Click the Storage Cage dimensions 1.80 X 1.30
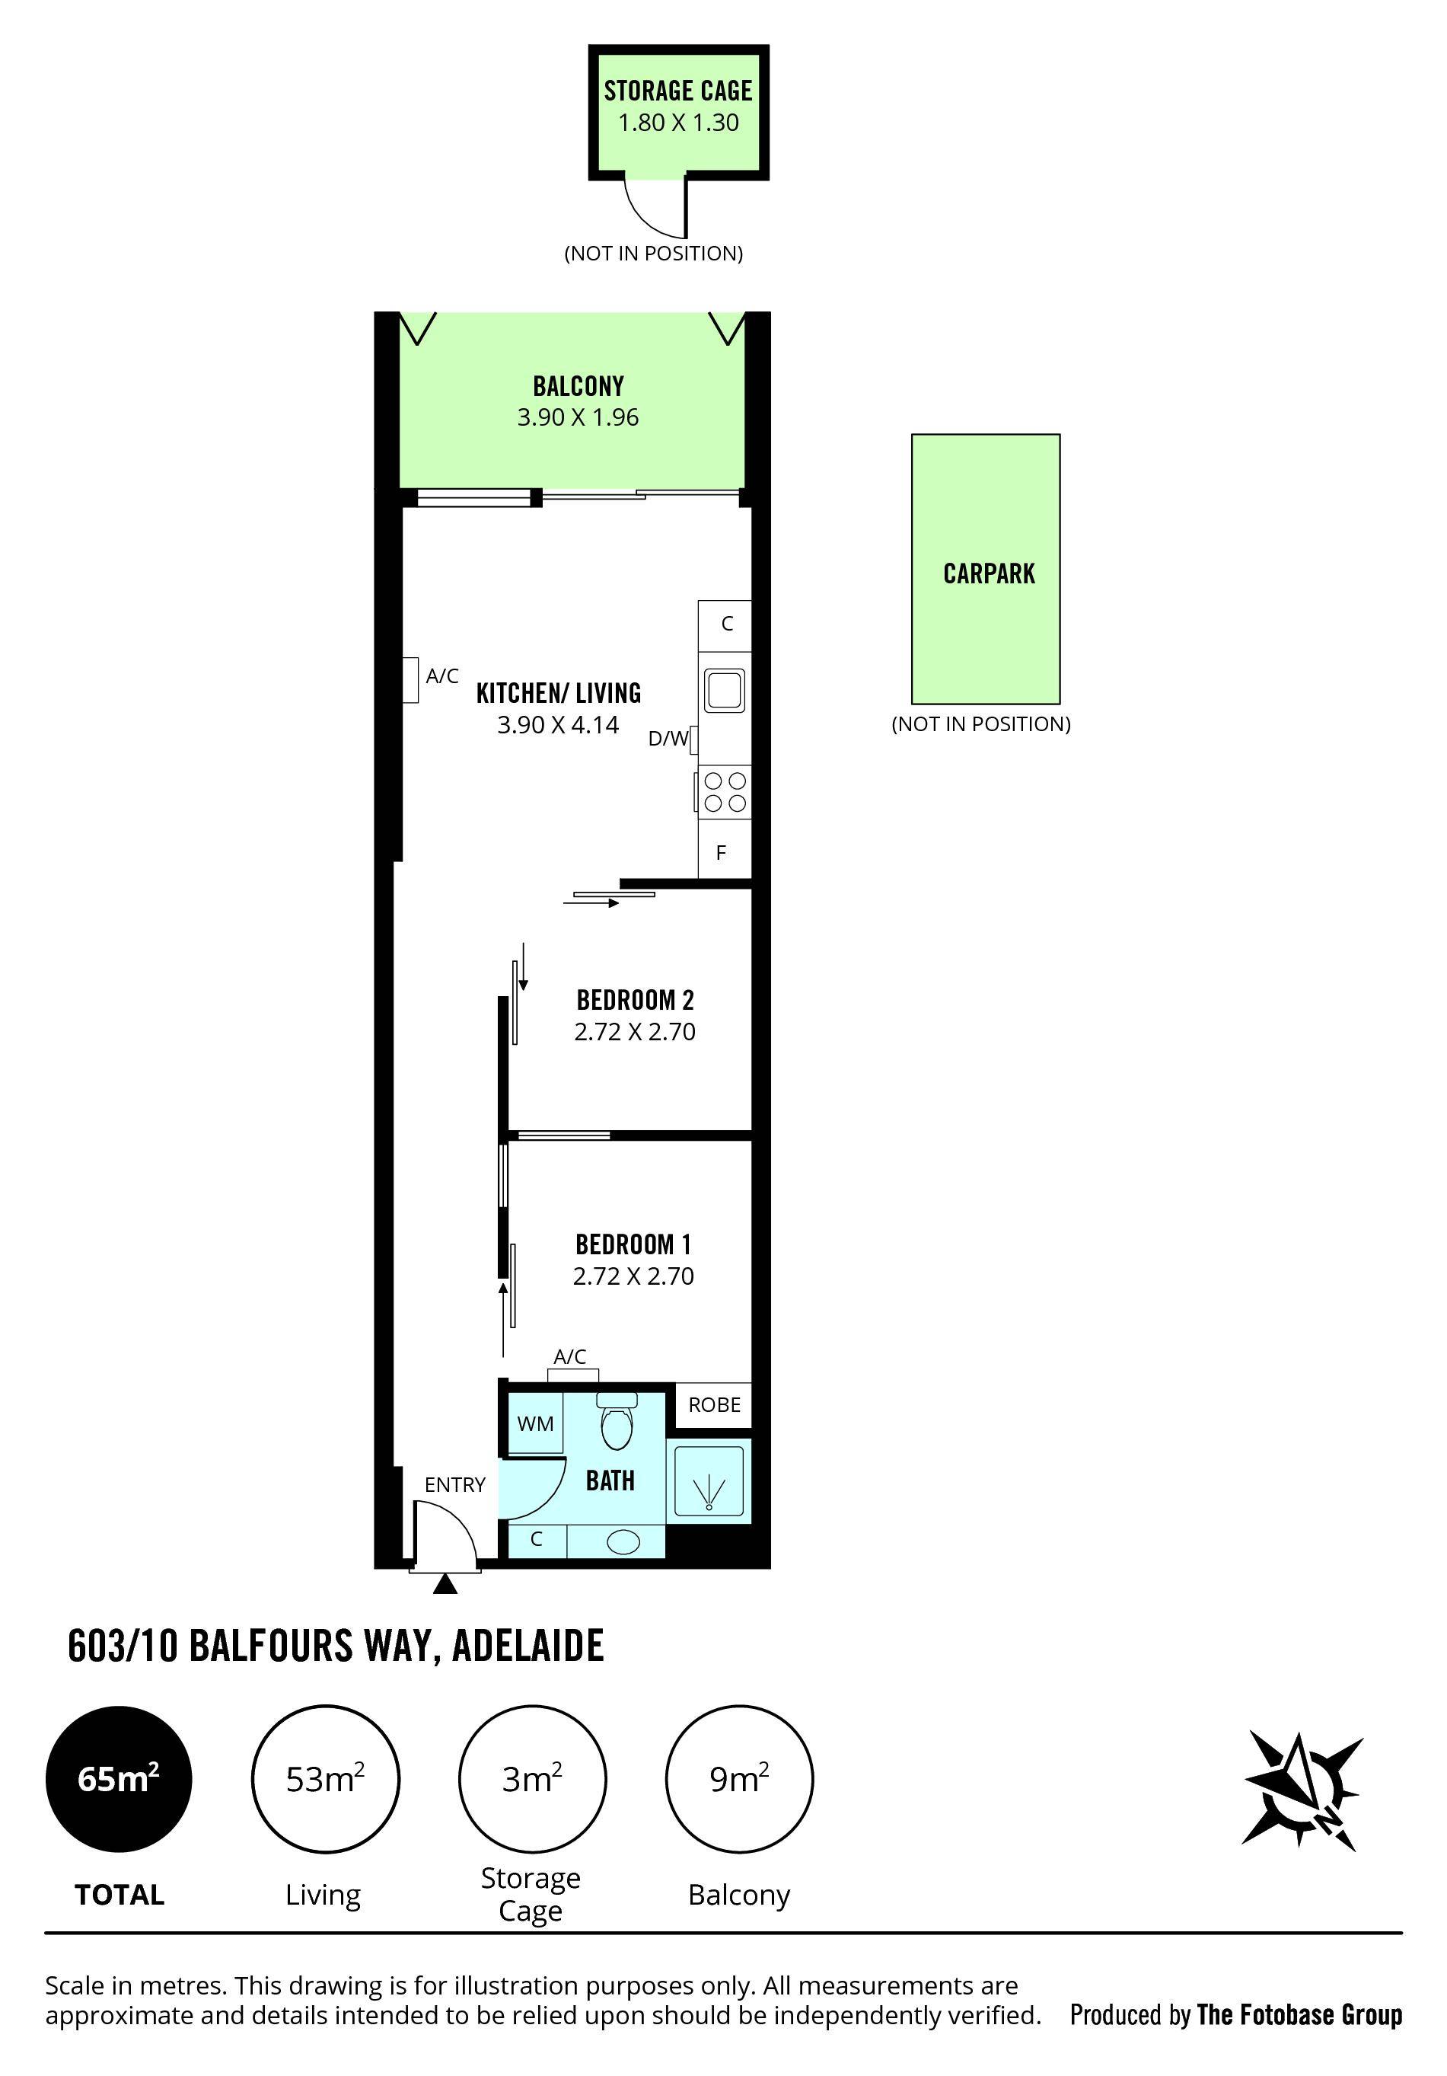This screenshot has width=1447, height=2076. [x=678, y=122]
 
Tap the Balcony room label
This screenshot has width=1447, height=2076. [x=578, y=386]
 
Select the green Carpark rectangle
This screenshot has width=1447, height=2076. [x=985, y=569]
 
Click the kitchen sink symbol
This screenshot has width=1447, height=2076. [x=725, y=691]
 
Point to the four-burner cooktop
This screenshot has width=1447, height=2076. [x=725, y=791]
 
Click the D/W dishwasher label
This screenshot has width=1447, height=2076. [x=668, y=739]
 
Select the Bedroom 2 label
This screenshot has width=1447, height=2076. [x=635, y=1000]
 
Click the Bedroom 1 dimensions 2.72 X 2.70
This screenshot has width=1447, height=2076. [x=633, y=1276]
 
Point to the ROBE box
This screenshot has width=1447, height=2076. [x=714, y=1404]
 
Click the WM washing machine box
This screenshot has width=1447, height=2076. [x=535, y=1423]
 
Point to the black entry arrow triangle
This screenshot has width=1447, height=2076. [x=445, y=1583]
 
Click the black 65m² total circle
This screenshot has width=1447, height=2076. [x=119, y=1778]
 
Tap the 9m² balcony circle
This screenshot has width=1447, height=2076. [x=738, y=1778]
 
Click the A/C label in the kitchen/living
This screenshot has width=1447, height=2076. [x=442, y=675]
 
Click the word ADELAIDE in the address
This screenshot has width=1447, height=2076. [x=527, y=1646]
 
